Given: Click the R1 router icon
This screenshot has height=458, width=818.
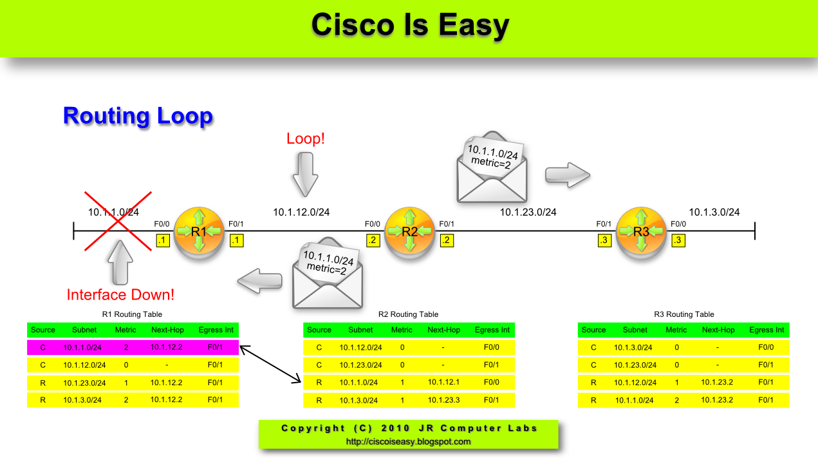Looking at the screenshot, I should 199,230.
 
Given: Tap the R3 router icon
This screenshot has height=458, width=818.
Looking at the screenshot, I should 641,230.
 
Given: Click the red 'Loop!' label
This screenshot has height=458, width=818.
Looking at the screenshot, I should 306,138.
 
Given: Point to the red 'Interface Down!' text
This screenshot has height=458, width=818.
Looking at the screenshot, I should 120,295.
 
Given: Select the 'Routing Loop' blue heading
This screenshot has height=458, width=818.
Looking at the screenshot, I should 138,116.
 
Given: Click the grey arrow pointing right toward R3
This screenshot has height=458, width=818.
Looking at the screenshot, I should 567,174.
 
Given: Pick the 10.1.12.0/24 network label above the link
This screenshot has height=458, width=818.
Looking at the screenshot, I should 301,212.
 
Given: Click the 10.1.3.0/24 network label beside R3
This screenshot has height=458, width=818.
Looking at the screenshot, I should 714,212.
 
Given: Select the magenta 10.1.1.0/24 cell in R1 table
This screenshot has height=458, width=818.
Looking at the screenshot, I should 82,348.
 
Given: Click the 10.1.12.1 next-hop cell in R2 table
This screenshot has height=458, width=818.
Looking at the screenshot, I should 443,383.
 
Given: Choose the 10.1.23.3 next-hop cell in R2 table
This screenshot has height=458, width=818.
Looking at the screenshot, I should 443,400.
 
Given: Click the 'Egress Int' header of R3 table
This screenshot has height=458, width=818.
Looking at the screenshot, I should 767,330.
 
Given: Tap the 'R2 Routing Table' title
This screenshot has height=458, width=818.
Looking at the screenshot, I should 408,314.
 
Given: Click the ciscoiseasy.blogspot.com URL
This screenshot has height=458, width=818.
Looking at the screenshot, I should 408,442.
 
